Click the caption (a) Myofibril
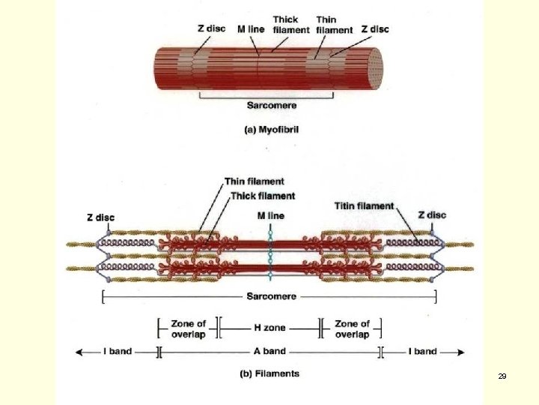coord(271,129)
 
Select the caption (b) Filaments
coord(269,373)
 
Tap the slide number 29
coord(502,375)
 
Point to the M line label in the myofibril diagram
coord(251,29)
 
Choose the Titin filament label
coord(364,205)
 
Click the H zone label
coord(269,328)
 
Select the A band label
coord(269,351)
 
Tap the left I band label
coord(118,351)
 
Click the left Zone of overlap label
coord(188,328)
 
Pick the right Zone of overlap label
coord(352,328)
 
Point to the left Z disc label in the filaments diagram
coord(100,217)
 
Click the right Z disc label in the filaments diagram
coord(432,214)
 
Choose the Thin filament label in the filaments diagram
coord(255,181)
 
